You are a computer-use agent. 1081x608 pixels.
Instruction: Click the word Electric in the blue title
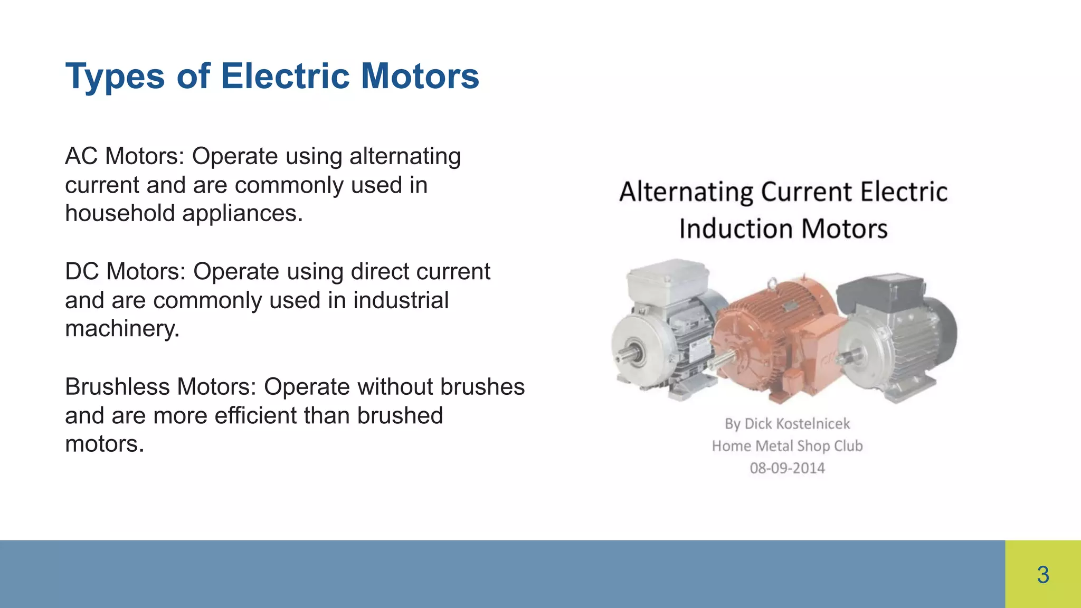[x=285, y=76]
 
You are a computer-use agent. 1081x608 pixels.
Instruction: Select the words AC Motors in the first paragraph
[x=124, y=156]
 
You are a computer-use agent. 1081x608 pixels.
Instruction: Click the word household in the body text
[x=120, y=213]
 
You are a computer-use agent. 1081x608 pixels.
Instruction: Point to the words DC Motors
[x=125, y=271]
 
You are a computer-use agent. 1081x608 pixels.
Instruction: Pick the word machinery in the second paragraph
[x=121, y=329]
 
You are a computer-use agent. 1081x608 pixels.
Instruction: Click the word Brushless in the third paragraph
[x=117, y=387]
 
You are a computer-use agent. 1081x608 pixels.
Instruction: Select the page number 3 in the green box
[x=1042, y=574]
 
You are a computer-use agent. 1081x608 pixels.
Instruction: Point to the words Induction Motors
[x=783, y=229]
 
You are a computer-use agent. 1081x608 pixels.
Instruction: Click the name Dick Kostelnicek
[x=797, y=424]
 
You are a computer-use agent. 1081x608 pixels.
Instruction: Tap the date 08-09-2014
[x=787, y=468]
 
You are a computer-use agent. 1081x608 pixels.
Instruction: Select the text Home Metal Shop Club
[x=787, y=446]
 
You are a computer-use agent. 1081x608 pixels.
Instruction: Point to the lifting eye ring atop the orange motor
[x=772, y=283]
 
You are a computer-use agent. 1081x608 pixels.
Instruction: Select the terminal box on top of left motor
[x=668, y=280]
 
